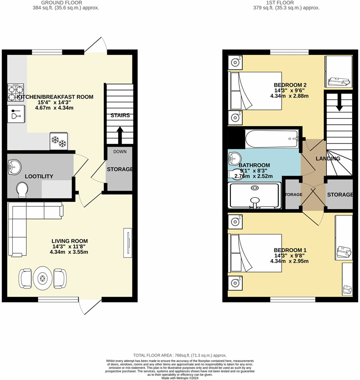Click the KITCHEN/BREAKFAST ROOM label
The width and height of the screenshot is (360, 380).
(x=55, y=97)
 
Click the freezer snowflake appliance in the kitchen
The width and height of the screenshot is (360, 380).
(x=59, y=141)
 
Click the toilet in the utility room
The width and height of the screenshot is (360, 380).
(x=22, y=189)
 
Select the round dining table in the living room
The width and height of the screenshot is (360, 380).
(x=43, y=279)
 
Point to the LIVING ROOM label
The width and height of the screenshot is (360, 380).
(x=70, y=241)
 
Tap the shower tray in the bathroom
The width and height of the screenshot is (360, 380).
(x=255, y=195)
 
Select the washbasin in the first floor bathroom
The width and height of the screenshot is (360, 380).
(x=235, y=159)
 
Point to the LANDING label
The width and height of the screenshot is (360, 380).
(x=328, y=159)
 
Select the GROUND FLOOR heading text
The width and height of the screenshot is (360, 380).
(x=68, y=2)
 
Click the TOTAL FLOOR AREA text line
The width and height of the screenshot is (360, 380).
(x=180, y=356)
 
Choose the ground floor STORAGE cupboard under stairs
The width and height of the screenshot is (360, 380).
(x=120, y=169)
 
